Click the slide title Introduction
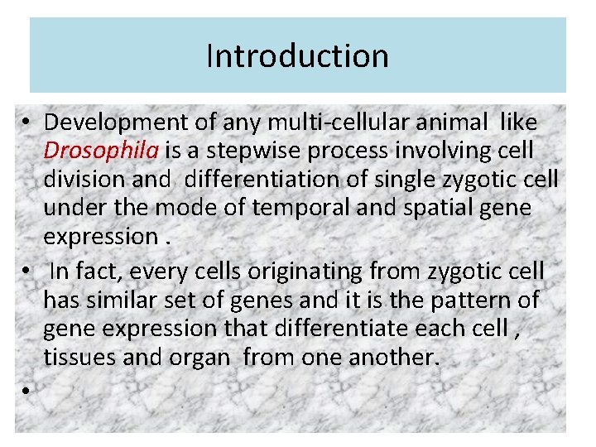[x=297, y=56]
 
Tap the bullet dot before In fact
[x=27, y=272]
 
